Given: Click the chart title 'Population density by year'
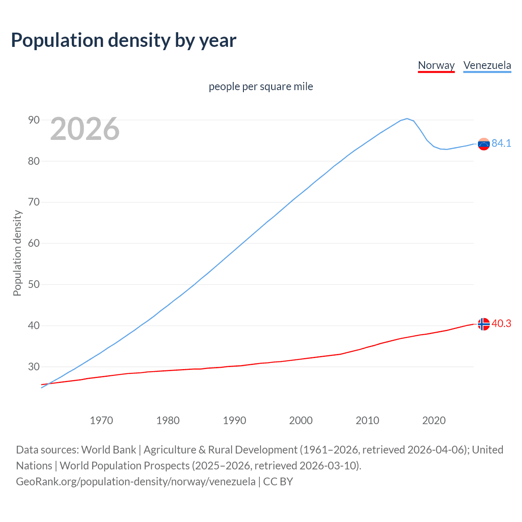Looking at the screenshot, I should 124,40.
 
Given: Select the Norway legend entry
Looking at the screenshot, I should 436,65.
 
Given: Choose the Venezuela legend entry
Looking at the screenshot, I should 487,65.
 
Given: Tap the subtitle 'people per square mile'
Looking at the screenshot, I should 261,87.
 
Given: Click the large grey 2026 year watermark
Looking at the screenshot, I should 85,129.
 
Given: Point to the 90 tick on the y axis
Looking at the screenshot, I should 34,120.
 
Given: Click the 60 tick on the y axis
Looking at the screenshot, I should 34,243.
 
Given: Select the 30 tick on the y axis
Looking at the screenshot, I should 34,367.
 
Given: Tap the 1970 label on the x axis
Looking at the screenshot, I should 101,420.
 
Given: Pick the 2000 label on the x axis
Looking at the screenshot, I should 301,420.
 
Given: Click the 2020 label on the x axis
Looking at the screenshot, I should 434,420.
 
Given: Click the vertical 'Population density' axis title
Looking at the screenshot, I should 17,253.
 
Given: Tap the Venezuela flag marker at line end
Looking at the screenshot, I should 484,144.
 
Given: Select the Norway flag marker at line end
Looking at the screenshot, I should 484,324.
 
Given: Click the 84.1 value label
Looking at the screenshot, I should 501,143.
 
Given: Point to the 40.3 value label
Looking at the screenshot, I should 501,323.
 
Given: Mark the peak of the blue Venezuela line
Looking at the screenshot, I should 407,119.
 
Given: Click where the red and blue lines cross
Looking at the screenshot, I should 49,384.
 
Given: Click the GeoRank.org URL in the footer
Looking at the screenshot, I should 136,482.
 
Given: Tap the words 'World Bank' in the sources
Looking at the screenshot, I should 108,450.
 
